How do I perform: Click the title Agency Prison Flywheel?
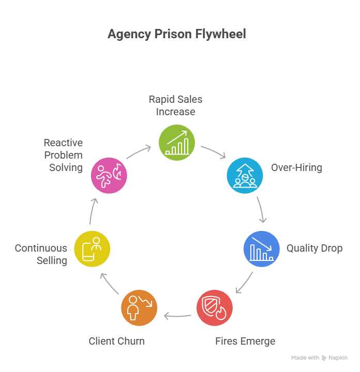coord(176,35)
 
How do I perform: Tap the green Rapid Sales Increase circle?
coord(177,142)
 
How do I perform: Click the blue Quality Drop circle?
coord(262,249)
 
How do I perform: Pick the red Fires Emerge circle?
coord(215,308)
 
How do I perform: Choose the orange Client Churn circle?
coord(139,308)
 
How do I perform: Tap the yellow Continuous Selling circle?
coord(93,249)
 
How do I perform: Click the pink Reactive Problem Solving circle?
coord(109,176)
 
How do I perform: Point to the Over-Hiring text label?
coord(296,168)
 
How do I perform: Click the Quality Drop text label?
coord(314,249)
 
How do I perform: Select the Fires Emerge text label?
coord(245,341)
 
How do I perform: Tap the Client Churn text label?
coord(116,341)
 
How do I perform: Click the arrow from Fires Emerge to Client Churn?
coord(176,315)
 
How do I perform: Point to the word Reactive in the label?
coord(63,143)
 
